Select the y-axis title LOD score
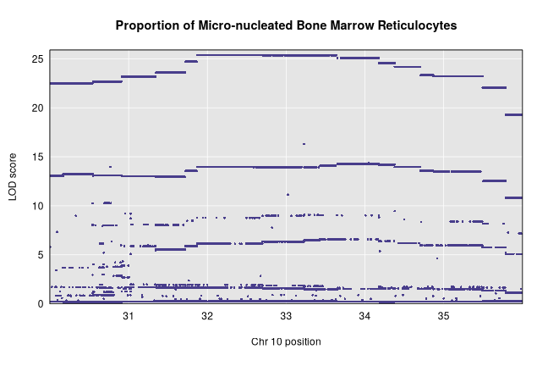coord(13,176)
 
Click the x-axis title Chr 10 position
coord(286,341)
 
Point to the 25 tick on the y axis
coord(37,59)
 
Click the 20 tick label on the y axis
coord(37,108)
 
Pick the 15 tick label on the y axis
coord(37,157)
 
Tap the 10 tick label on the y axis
coord(37,206)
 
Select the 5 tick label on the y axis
coord(40,254)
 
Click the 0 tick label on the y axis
coord(40,303)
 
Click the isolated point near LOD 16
coord(304,144)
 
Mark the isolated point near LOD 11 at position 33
coord(288,195)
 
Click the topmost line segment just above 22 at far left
coord(71,83)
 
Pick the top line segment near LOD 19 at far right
coord(513,114)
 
